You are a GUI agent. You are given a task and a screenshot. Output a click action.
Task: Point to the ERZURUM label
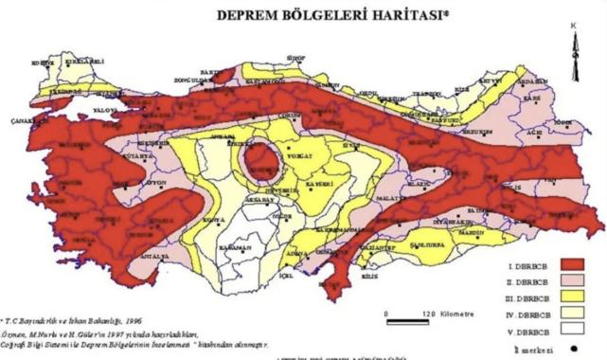(479, 131)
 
